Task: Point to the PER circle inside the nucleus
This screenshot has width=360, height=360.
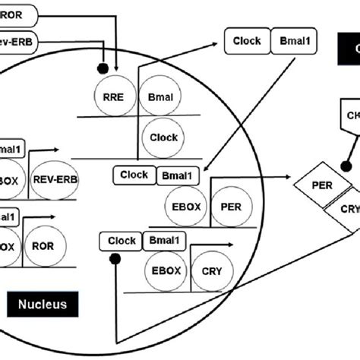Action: pyautogui.click(x=229, y=204)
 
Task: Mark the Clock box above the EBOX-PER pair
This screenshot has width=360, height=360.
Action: pyautogui.click(x=134, y=175)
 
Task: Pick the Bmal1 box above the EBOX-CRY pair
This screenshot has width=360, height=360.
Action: pyautogui.click(x=164, y=242)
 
